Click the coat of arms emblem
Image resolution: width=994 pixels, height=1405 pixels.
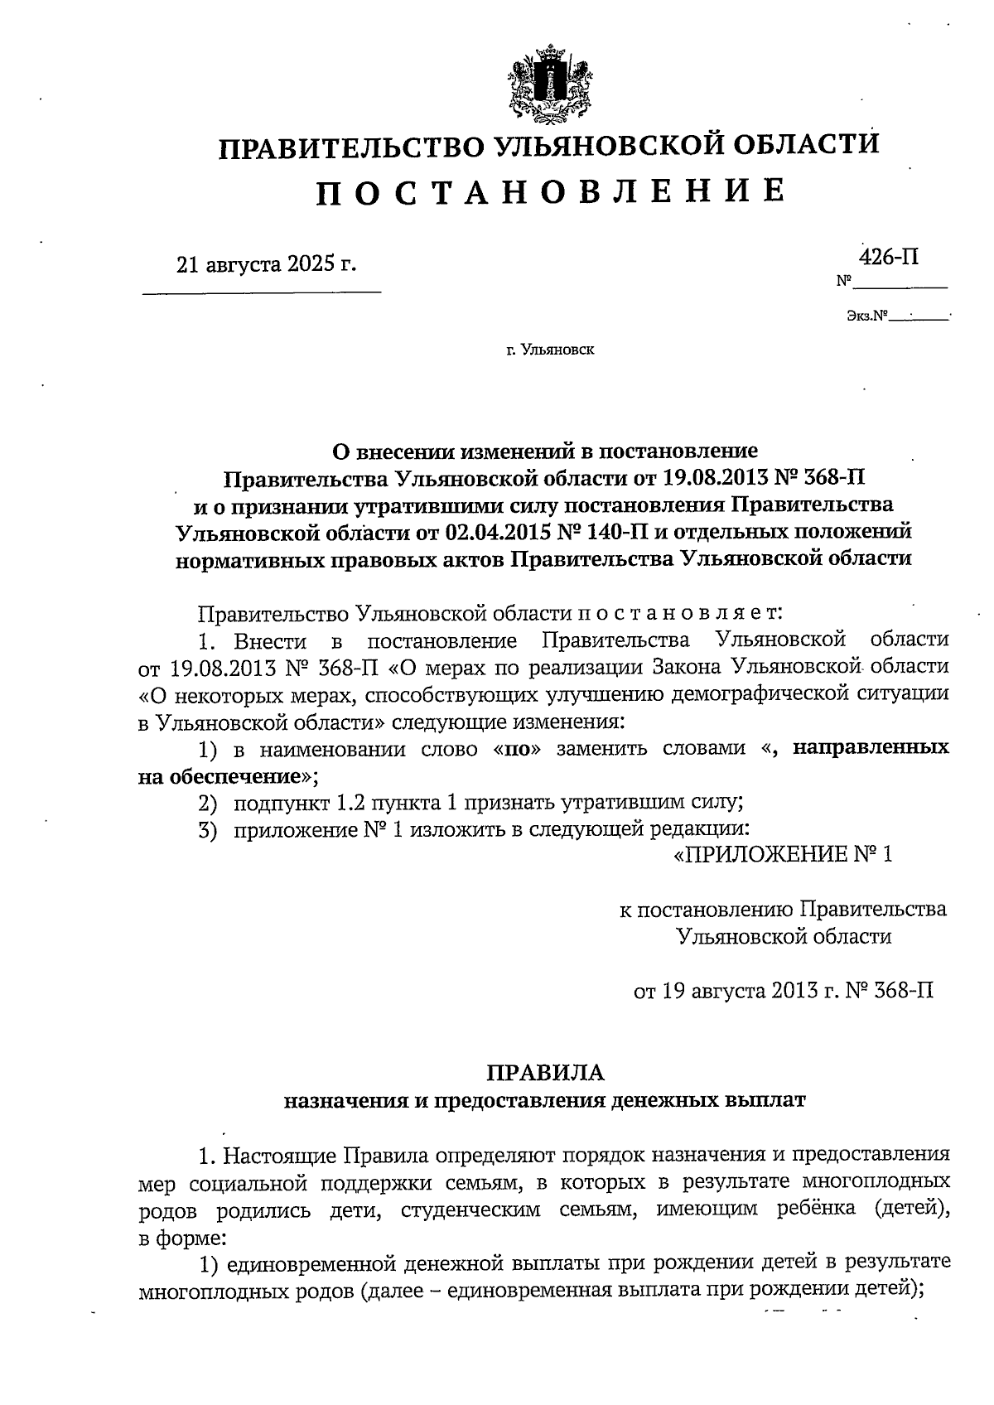(548, 84)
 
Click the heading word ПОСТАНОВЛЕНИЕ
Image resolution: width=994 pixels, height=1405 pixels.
(550, 191)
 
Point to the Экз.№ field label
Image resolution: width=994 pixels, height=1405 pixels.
(867, 316)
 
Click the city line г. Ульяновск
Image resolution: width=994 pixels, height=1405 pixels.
(551, 350)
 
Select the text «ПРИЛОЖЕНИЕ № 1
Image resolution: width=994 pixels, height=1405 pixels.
(781, 854)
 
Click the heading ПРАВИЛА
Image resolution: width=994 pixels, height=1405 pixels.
(545, 1073)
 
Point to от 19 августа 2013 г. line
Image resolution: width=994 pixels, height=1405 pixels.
(783, 991)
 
